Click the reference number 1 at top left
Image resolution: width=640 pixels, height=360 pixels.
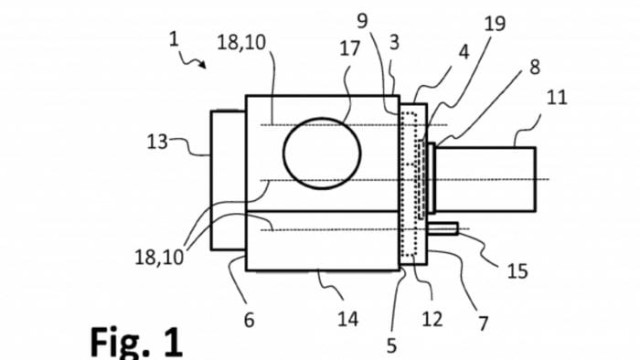click(x=176, y=40)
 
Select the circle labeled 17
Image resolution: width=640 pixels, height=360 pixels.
click(x=322, y=153)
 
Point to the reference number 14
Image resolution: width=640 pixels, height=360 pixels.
click(x=347, y=319)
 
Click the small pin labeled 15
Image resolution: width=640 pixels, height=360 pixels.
click(x=444, y=228)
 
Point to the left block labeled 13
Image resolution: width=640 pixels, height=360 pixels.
click(x=228, y=179)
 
